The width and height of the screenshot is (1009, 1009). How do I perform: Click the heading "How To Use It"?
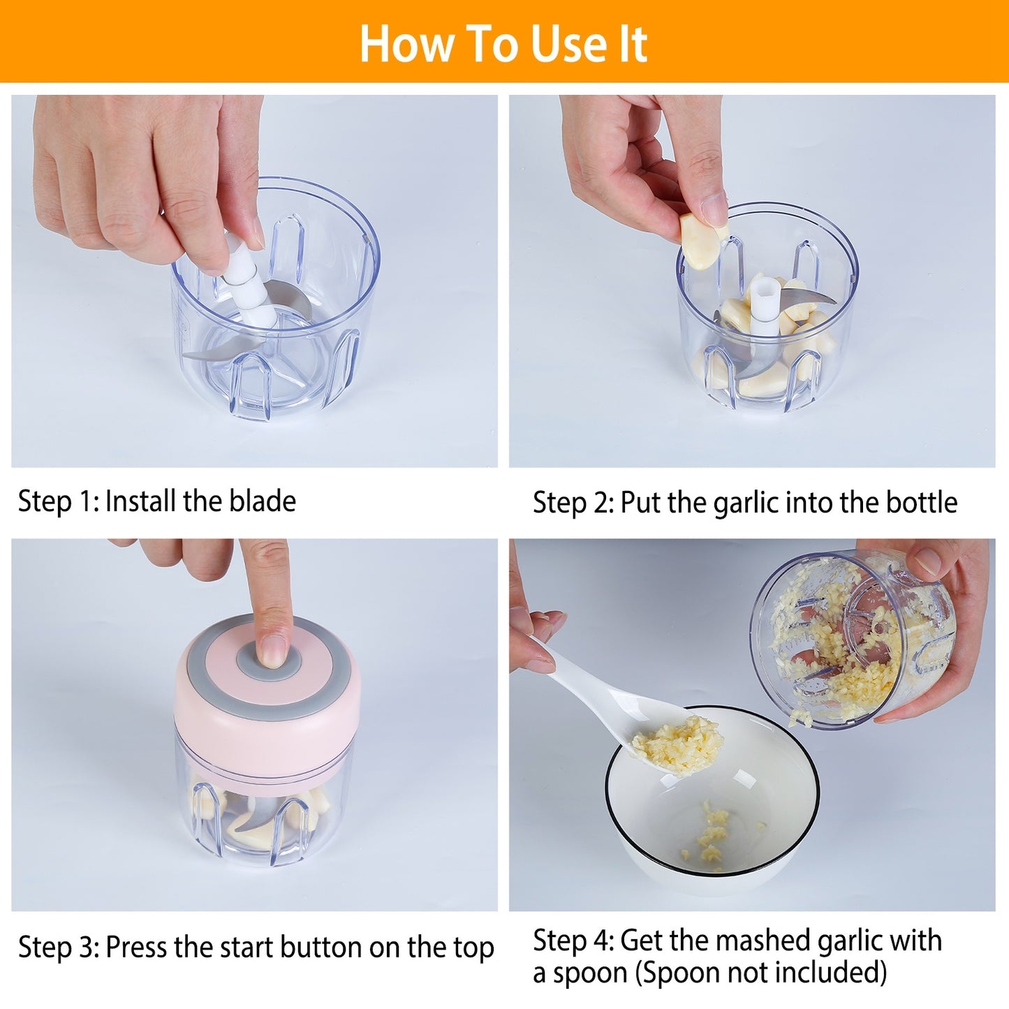503,43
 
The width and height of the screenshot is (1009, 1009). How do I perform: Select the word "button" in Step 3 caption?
322,948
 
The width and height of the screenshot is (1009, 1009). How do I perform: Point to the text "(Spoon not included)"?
760,972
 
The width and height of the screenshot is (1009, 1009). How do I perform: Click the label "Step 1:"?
59,501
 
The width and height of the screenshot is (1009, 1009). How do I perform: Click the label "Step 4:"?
573,941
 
